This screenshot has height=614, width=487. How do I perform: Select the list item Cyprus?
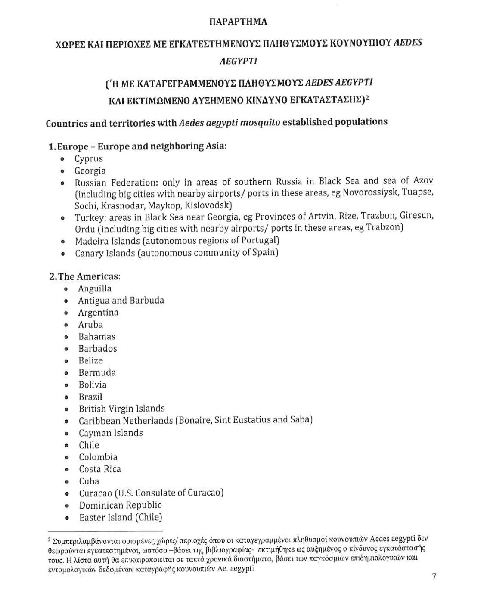89,159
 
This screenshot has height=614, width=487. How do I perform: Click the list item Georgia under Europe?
90,171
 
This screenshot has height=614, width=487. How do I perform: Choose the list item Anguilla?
95,289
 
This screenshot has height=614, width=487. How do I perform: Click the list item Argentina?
98,313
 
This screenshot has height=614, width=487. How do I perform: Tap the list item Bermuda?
97,373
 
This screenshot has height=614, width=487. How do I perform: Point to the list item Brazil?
90,397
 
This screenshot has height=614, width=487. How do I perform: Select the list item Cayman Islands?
111,433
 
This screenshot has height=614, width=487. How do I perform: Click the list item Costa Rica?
100,469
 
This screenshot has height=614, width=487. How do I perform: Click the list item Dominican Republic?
120,505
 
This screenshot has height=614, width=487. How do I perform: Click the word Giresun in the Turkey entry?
416,215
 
